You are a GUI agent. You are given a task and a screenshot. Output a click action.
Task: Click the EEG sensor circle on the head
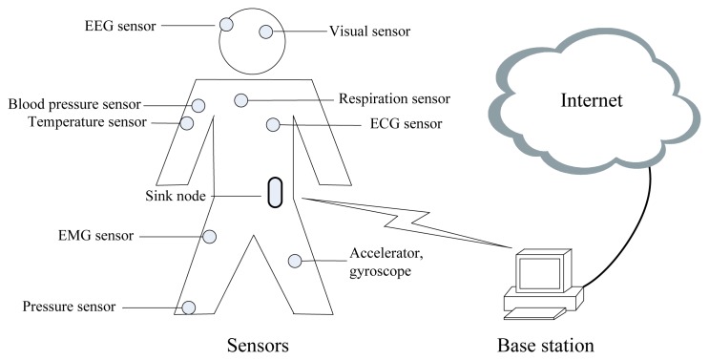(x=227, y=23)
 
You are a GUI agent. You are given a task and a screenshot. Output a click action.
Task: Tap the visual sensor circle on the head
(x=264, y=32)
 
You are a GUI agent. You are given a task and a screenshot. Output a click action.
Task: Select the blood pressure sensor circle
(x=198, y=105)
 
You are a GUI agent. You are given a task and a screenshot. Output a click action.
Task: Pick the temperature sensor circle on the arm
(x=187, y=123)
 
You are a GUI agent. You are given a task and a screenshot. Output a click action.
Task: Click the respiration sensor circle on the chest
(x=241, y=99)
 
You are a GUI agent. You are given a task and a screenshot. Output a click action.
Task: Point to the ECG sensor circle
(x=273, y=123)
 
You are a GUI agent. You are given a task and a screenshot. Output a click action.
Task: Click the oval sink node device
(x=275, y=191)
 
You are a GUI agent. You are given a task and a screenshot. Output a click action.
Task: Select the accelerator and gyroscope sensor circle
(x=296, y=260)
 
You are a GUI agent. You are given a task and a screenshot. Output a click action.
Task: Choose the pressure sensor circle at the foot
(x=189, y=307)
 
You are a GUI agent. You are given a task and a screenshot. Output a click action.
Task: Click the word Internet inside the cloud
(x=592, y=99)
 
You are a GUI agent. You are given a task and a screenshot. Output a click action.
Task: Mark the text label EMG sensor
(x=97, y=235)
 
